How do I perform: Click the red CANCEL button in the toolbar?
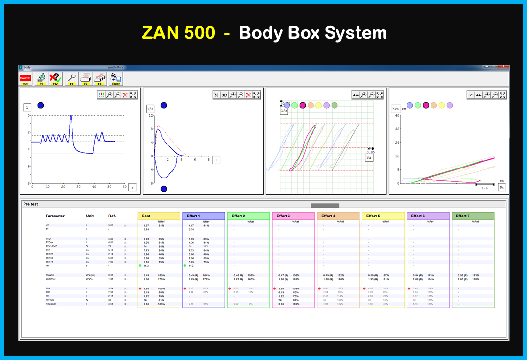click(x=25, y=79)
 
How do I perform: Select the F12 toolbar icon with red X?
click(x=55, y=79)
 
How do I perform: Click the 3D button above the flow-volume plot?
click(x=224, y=95)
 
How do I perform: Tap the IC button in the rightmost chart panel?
click(x=471, y=95)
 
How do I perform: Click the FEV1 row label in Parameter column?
click(x=49, y=239)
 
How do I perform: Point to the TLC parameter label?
click(x=48, y=292)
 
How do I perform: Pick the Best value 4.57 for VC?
click(x=146, y=226)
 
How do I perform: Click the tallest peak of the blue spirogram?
click(x=71, y=116)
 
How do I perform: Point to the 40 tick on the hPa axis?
click(x=398, y=116)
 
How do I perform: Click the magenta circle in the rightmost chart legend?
click(x=426, y=105)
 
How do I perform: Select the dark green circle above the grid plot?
click(x=335, y=105)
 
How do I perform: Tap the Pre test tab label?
click(x=30, y=204)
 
